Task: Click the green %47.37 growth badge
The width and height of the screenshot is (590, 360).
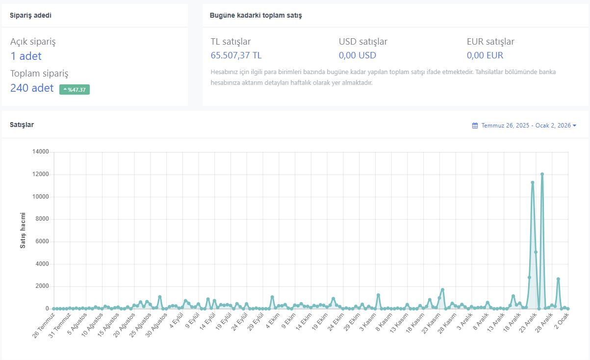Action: (74, 90)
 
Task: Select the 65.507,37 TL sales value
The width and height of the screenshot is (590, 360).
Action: (236, 55)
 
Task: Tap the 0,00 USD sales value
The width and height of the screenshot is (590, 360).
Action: (358, 55)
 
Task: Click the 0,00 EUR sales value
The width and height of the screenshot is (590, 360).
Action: (485, 55)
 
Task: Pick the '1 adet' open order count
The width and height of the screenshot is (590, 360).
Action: (26, 56)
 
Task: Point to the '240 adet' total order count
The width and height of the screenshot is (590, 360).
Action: (32, 88)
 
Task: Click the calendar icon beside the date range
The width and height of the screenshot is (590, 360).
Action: (475, 126)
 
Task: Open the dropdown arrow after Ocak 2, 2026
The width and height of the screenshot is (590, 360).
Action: (574, 126)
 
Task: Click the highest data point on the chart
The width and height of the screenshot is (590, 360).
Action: (542, 174)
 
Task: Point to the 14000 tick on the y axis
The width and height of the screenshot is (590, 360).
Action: (41, 152)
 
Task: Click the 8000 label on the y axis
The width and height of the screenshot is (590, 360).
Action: (42, 219)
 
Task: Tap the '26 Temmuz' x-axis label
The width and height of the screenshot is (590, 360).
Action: (44, 325)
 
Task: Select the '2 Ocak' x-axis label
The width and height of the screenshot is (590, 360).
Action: (562, 321)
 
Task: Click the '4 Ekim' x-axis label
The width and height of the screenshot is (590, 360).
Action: (273, 321)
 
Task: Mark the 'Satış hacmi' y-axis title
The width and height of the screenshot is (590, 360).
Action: (23, 231)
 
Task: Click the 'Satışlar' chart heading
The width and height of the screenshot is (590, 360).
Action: (22, 125)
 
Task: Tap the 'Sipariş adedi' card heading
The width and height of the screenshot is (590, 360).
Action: (30, 15)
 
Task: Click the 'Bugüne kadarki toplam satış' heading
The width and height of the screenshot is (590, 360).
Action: (256, 15)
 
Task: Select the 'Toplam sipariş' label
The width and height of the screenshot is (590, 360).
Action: (39, 74)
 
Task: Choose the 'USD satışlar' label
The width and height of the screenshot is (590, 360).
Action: (363, 41)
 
